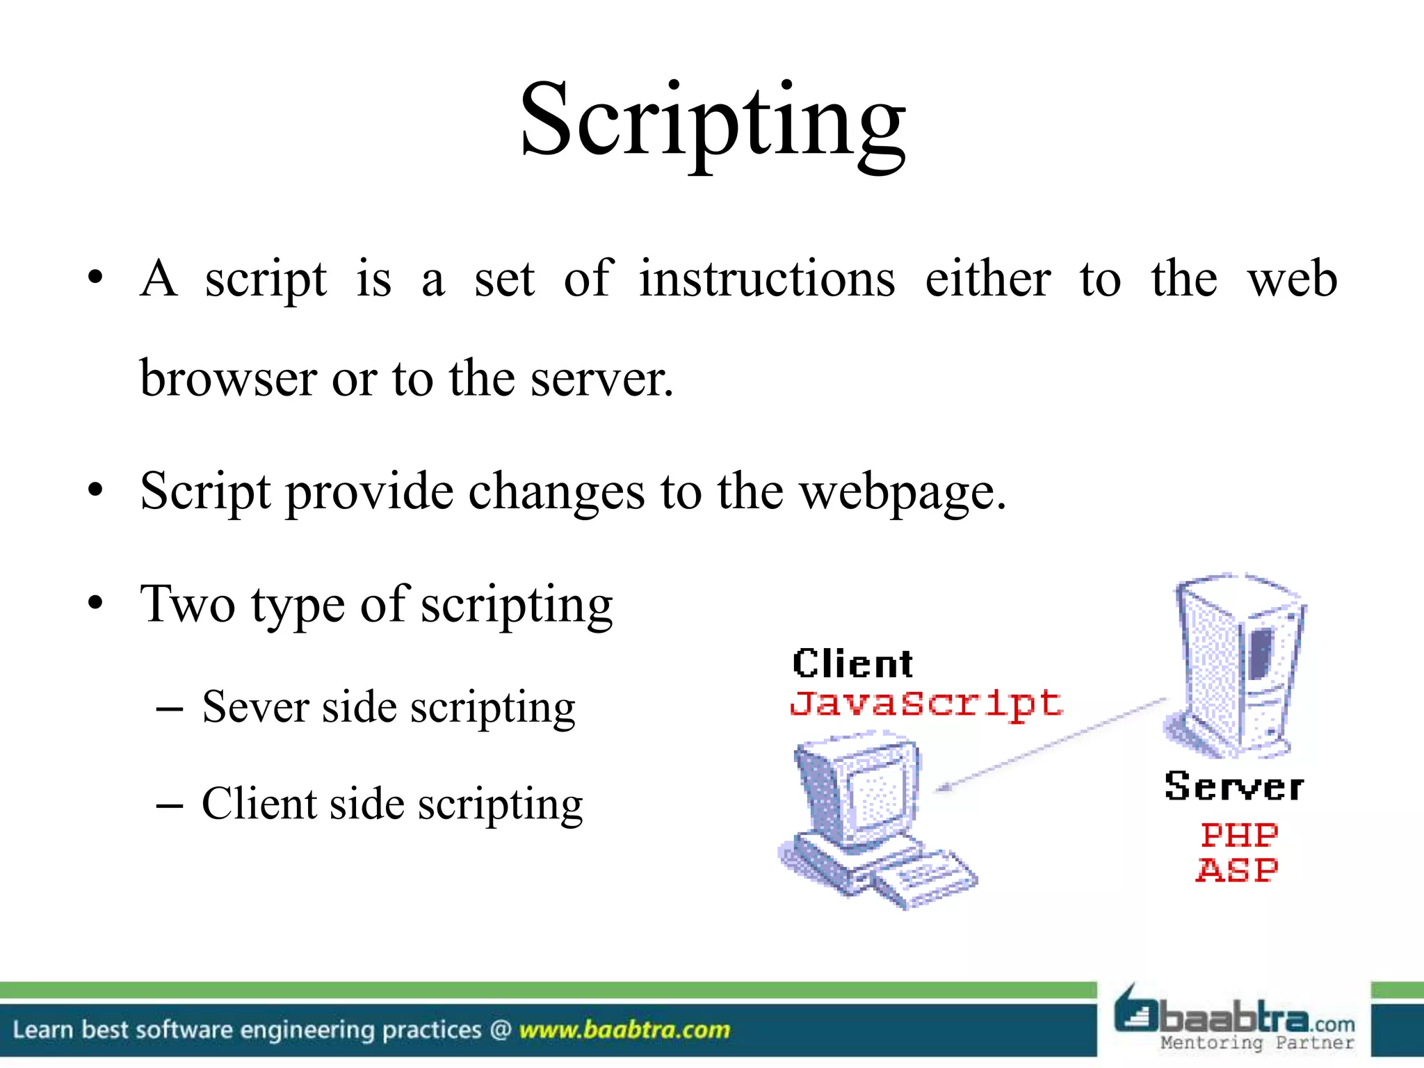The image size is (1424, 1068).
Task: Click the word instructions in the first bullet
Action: pyautogui.click(x=767, y=279)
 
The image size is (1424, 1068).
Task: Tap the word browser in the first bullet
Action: pyautogui.click(x=228, y=379)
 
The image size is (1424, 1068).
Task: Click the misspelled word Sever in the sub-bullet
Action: pyautogui.click(x=254, y=707)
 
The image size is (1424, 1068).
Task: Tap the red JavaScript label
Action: pyautogui.click(x=926, y=704)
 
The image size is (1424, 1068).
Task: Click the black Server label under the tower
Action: pyautogui.click(x=1233, y=788)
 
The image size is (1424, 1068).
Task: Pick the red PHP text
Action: pyautogui.click(x=1239, y=835)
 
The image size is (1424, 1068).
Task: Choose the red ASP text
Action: pyautogui.click(x=1237, y=871)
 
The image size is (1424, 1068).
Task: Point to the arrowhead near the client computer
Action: pyautogui.click(x=944, y=788)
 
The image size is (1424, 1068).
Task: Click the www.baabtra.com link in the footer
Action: pyautogui.click(x=624, y=1030)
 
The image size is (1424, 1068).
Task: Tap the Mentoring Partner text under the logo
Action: pyautogui.click(x=1257, y=1042)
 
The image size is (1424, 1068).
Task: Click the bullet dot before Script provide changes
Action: pyautogui.click(x=95, y=491)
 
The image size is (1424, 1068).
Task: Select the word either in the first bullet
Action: pyautogui.click(x=987, y=279)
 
